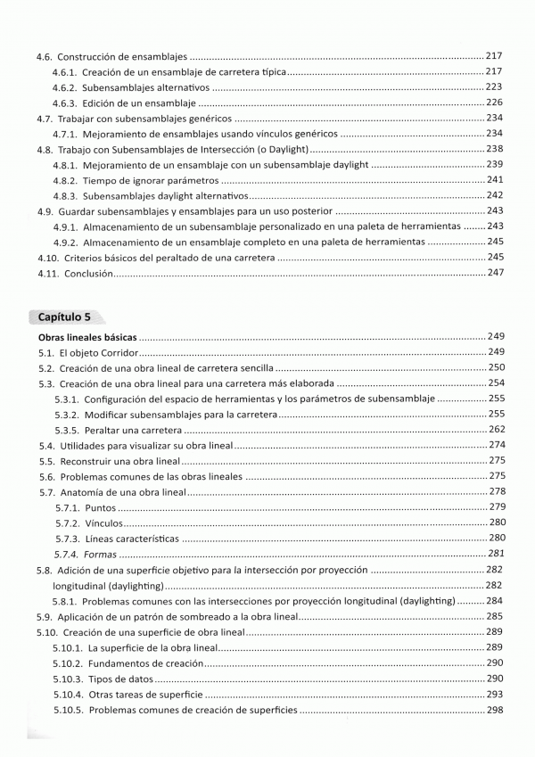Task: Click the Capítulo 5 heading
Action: [x=65, y=317]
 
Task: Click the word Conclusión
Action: [x=88, y=274]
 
